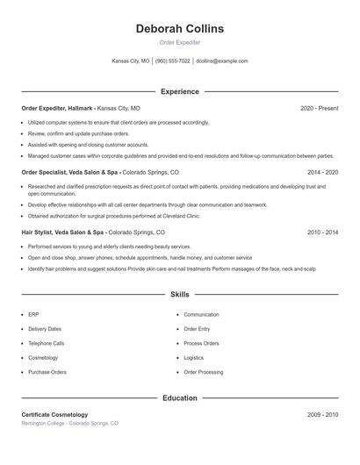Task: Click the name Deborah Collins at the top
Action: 180,29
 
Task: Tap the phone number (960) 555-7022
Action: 173,61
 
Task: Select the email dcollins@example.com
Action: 222,61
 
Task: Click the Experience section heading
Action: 180,91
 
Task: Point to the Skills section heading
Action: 180,295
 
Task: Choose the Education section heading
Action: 180,397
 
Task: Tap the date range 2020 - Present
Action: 319,108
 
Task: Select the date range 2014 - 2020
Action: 323,173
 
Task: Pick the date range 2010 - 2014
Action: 323,232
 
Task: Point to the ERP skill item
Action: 33,314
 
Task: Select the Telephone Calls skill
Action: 46,343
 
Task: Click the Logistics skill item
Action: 193,358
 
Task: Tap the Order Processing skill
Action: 203,372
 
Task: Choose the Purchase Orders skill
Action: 47,372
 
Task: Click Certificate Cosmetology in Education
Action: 54,414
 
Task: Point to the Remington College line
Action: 69,423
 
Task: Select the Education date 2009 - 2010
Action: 323,414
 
